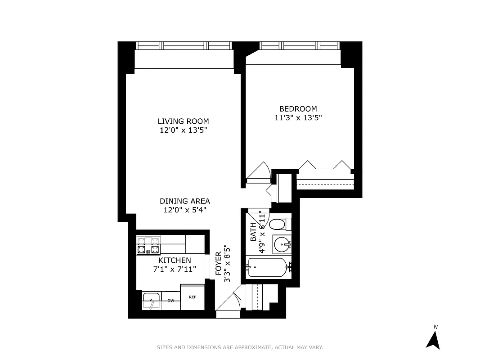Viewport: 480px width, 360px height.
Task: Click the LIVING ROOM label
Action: pyautogui.click(x=183, y=121)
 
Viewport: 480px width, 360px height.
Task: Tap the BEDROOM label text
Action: pyautogui.click(x=298, y=108)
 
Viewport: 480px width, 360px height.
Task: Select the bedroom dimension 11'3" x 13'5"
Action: pyautogui.click(x=298, y=118)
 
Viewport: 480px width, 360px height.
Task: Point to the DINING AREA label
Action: pyautogui.click(x=184, y=201)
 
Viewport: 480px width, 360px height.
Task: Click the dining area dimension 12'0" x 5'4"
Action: pyautogui.click(x=184, y=210)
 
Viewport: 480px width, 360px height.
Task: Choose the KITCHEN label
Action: pyautogui.click(x=175, y=260)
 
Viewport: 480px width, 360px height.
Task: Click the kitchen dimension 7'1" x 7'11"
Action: pyautogui.click(x=175, y=269)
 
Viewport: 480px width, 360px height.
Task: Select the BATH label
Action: pyautogui.click(x=253, y=231)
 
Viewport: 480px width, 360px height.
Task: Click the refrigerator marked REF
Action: pyautogui.click(x=192, y=297)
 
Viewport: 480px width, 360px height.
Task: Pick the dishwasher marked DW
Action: pyautogui.click(x=171, y=301)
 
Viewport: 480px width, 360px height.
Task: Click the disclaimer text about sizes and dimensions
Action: pyautogui.click(x=240, y=347)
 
